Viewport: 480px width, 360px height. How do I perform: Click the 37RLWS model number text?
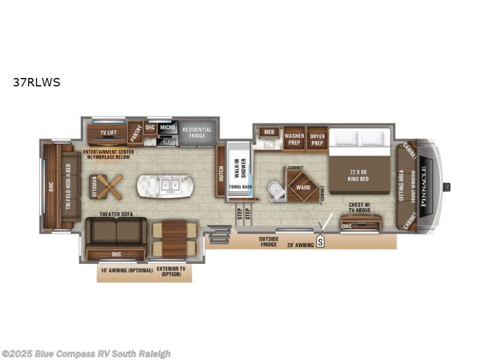[x=37, y=83]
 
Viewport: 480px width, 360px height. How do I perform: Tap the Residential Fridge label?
[x=197, y=132]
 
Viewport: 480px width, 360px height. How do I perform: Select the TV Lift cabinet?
[x=108, y=132]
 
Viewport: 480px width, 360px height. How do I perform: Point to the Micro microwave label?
[x=167, y=128]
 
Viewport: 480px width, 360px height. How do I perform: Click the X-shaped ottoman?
[x=106, y=186]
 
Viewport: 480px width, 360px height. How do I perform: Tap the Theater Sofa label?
[x=116, y=214]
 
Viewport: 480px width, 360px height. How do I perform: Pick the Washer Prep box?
[x=294, y=139]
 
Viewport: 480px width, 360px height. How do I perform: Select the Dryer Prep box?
[x=317, y=139]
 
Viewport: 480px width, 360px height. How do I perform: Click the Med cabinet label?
[x=269, y=132]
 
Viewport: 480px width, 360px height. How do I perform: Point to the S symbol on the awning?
[x=320, y=242]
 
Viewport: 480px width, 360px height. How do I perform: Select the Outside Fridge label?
[x=268, y=241]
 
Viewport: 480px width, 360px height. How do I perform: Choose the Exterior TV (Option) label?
[x=171, y=272]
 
